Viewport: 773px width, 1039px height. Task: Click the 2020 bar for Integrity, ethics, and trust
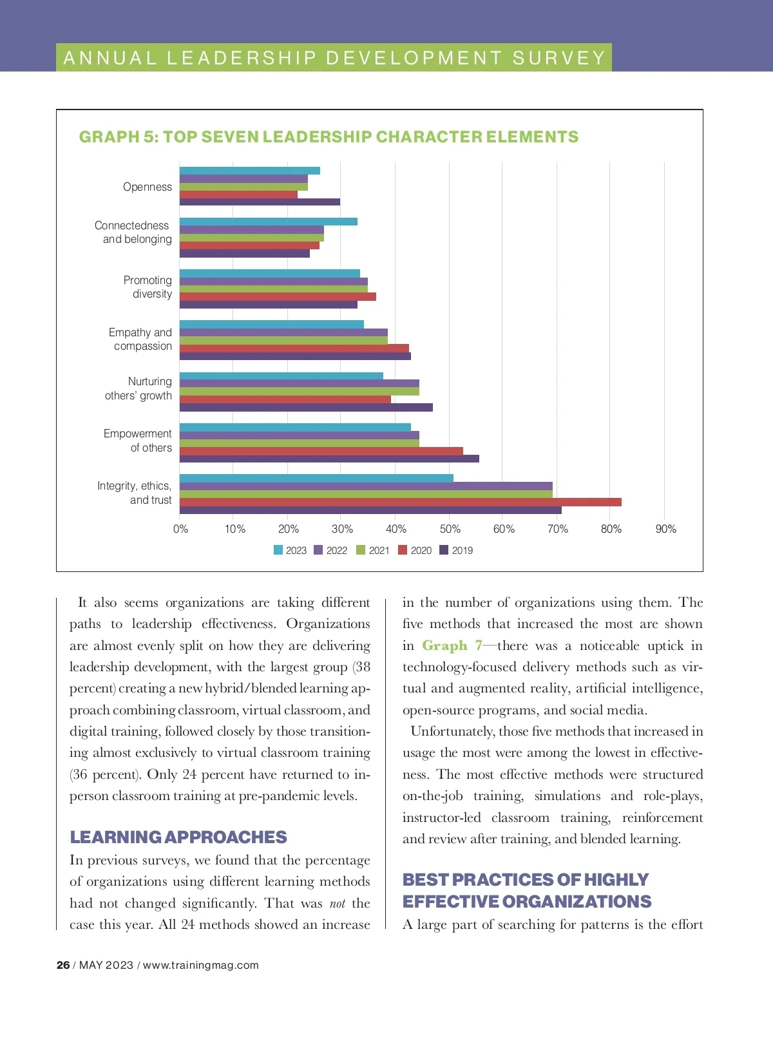tap(400, 502)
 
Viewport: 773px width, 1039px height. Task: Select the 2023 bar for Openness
tap(249, 171)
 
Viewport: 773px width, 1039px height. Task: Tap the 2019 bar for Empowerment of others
tap(329, 459)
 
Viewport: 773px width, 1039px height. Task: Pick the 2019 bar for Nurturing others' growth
tap(306, 407)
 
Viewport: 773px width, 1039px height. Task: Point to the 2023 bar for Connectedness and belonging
tap(268, 222)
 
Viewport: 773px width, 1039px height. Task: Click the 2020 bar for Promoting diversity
tap(278, 297)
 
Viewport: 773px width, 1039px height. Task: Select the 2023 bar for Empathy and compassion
tap(271, 325)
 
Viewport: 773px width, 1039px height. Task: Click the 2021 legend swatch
tap(361, 550)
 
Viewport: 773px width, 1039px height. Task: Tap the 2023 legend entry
tap(290, 550)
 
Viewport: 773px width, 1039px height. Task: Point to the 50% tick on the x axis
tap(450, 529)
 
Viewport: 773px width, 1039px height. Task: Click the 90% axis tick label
tap(665, 529)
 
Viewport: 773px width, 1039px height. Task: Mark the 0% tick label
tap(180, 529)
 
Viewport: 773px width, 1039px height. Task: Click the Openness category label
tap(148, 187)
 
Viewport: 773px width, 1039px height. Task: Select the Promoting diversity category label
tap(148, 287)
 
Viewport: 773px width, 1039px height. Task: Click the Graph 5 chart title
tap(329, 137)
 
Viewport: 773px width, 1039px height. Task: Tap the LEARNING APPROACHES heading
tap(178, 837)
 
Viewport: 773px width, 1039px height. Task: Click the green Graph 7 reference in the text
tap(452, 645)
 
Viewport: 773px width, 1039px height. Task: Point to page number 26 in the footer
tap(63, 965)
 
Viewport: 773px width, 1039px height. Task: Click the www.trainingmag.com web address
tap(200, 965)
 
